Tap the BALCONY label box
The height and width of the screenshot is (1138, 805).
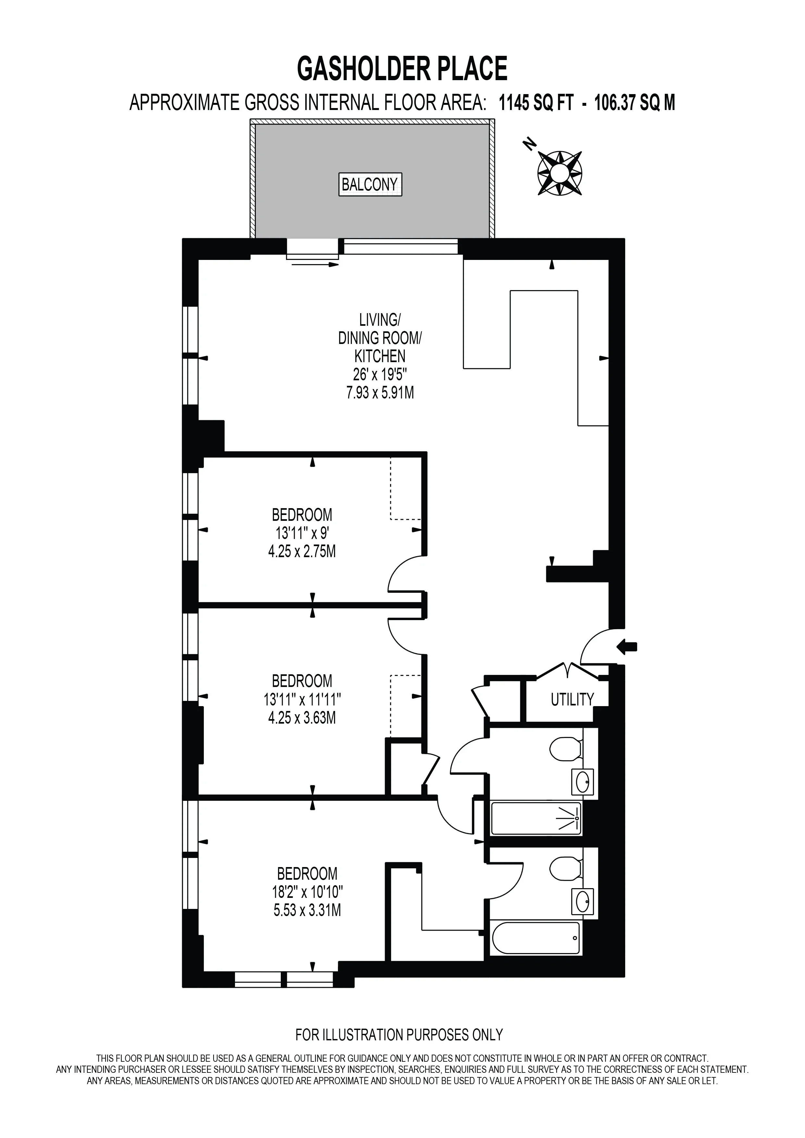click(x=370, y=184)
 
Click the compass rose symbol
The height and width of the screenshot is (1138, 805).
click(x=560, y=173)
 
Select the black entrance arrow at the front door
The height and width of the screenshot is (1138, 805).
click(x=627, y=646)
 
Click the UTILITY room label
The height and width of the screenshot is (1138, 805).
click(x=572, y=699)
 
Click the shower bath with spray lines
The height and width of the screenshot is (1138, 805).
click(x=536, y=818)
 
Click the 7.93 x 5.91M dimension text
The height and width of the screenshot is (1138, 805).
click(x=380, y=393)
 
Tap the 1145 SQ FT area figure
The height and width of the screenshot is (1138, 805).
click(x=536, y=103)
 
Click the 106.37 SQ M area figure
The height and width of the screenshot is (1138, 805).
click(x=635, y=103)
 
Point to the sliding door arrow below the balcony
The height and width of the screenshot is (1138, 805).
click(x=315, y=265)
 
